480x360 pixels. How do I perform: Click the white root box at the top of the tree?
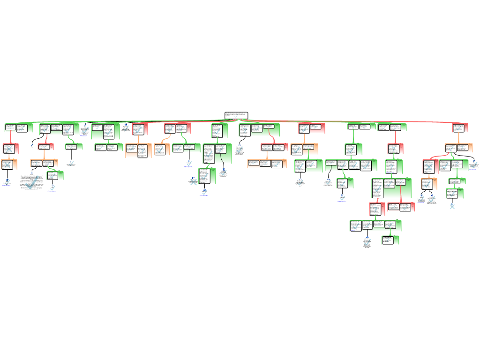coord(236,115)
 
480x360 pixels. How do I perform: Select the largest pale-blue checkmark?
coord(31,183)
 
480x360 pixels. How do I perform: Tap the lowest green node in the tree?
coord(390,240)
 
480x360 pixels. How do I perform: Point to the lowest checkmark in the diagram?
coord(367,242)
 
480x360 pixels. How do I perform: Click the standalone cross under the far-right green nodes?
coord(452,206)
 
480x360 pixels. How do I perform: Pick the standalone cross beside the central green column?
coord(194,182)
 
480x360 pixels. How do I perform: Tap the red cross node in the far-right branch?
coord(430,166)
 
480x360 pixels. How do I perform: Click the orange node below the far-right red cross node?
coord(428,184)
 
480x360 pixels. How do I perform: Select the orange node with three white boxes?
coord(267,164)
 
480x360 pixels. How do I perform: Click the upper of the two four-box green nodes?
coord(351,165)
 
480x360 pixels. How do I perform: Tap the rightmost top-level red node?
coord(460,128)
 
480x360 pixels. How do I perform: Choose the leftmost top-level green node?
coord(18,127)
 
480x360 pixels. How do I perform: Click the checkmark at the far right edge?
coord(474,165)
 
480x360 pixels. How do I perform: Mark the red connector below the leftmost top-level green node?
coord(10,138)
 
